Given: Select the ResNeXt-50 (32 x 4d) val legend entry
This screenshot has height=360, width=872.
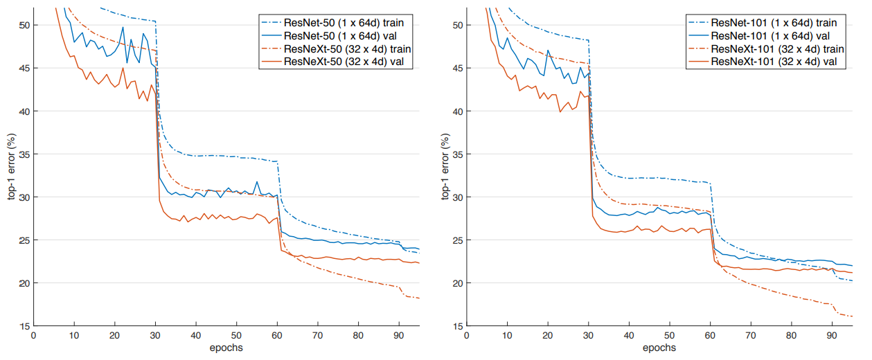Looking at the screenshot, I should click(332, 62).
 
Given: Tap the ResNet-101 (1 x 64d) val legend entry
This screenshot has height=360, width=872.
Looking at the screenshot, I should click(765, 36).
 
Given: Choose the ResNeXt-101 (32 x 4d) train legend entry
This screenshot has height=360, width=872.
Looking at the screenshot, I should click(765, 49).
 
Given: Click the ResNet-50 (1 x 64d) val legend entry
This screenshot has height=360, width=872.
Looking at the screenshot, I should click(332, 36).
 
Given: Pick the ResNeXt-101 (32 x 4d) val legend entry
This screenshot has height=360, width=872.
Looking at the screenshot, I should click(765, 62).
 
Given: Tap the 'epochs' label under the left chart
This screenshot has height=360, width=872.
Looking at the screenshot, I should click(226, 348).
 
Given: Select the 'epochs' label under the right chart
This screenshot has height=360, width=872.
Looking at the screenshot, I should click(659, 348).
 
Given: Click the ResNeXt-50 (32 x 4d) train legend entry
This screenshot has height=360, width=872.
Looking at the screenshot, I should click(332, 49).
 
